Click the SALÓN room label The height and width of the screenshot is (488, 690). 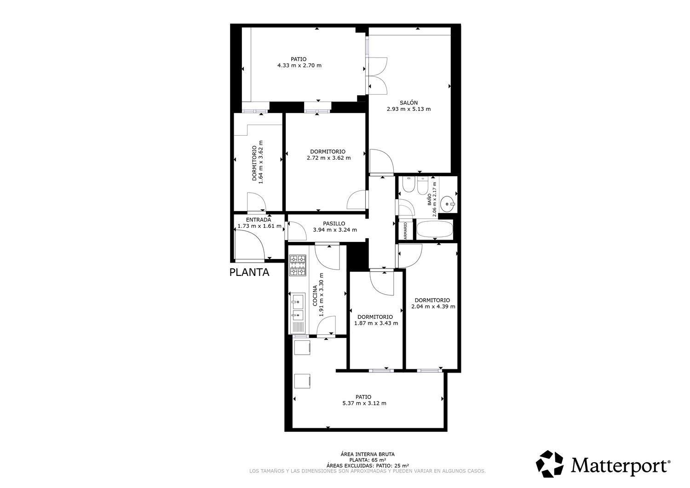click(408, 103)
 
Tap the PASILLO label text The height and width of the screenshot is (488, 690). click(334, 224)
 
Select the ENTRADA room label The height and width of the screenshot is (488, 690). click(259, 220)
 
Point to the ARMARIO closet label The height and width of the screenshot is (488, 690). click(406, 230)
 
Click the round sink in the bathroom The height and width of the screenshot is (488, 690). click(447, 203)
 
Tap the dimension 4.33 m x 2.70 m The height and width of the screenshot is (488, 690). click(299, 65)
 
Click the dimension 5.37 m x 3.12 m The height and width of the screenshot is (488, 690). click(364, 403)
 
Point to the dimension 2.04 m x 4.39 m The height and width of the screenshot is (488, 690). click(433, 306)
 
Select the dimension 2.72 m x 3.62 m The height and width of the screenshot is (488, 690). click(328, 158)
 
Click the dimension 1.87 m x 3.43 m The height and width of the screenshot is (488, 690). click(376, 323)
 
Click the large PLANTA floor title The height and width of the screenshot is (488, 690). click(249, 272)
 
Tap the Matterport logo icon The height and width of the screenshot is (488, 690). click(550, 464)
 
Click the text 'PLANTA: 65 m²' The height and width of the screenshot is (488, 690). click(367, 459)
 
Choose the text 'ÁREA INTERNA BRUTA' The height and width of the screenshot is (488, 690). click(367, 454)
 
